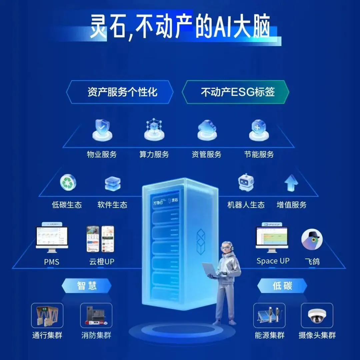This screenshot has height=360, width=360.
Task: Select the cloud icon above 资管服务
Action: click(207, 128)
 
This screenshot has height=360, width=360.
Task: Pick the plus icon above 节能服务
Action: click(259, 128)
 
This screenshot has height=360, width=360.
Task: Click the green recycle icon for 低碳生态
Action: click(68, 183)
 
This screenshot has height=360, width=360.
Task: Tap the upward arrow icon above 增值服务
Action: click(291, 183)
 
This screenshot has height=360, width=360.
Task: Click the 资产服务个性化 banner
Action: click(120, 92)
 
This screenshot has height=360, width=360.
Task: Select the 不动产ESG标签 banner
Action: click(235, 92)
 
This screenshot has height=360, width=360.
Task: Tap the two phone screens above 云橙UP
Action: click(100, 239)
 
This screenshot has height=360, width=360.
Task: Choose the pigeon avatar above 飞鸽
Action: click(312, 239)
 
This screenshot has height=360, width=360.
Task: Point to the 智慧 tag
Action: click(87, 286)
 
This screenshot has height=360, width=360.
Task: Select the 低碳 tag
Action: click(282, 286)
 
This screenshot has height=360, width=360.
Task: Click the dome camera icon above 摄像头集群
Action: click(317, 315)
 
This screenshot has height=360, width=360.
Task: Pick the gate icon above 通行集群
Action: click(47, 315)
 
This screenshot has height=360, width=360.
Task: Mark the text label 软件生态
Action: click(112, 205)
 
